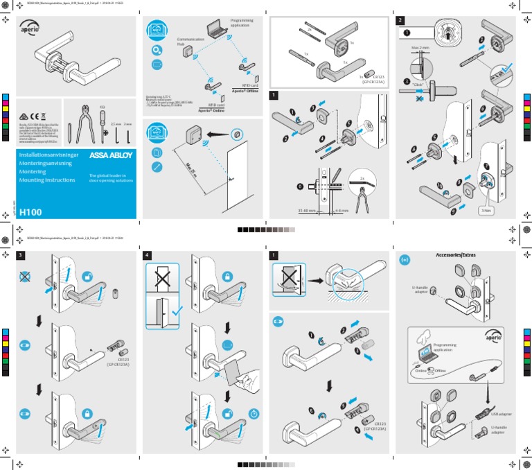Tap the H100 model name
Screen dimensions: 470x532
33,212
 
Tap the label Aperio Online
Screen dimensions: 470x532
212,110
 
